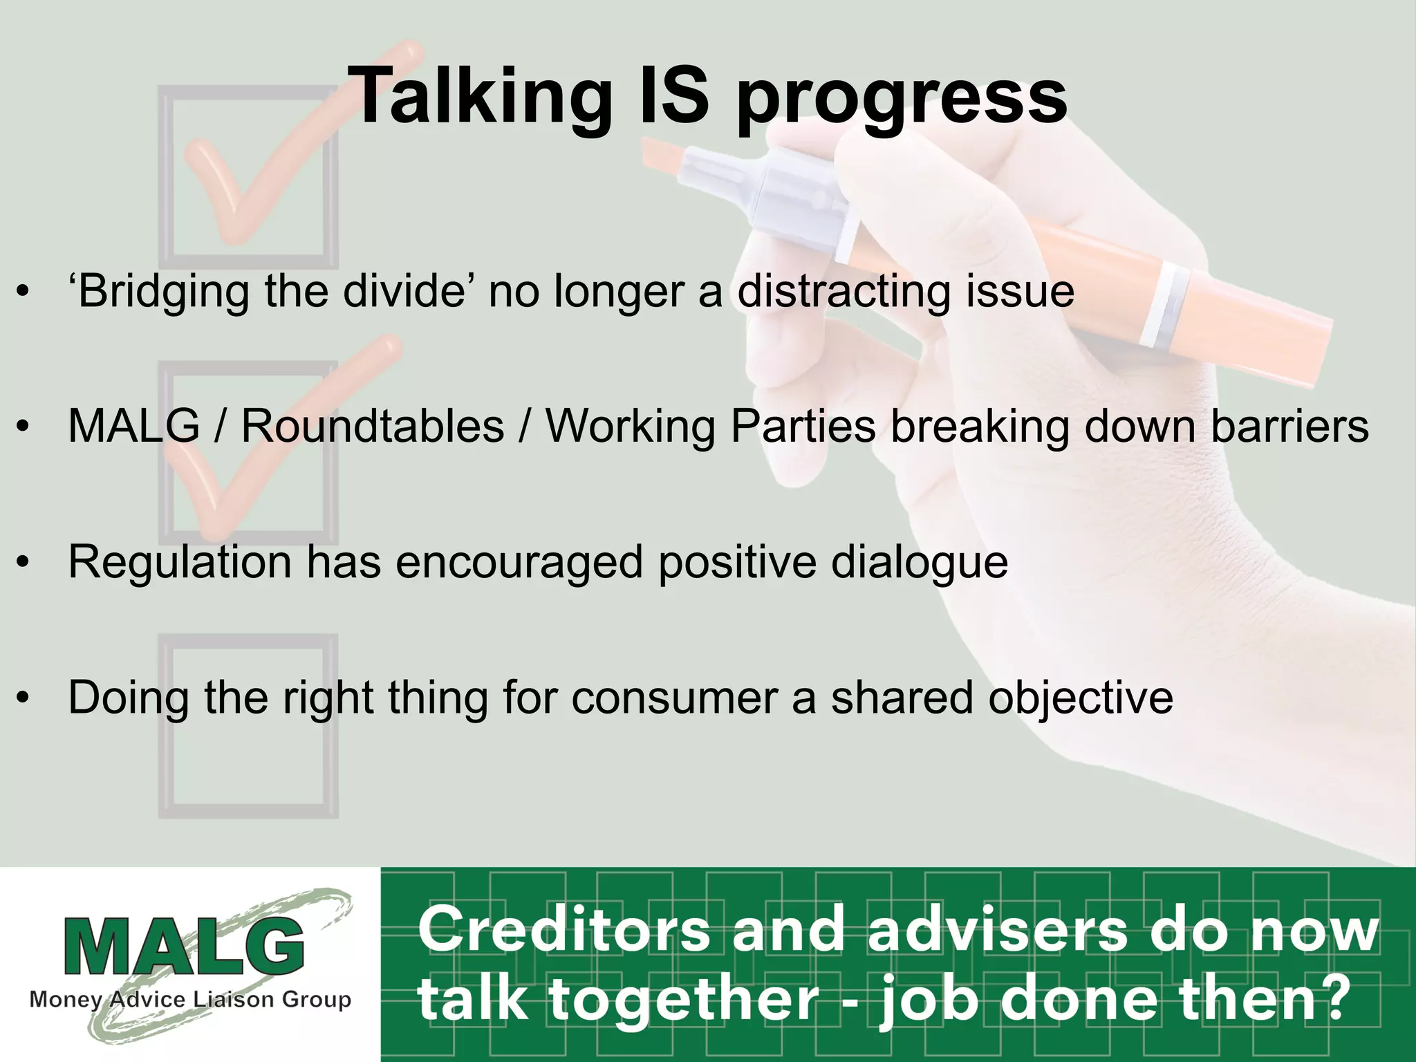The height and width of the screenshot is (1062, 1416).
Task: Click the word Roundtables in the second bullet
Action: [x=372, y=426]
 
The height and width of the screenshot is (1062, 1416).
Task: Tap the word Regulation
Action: [x=180, y=561]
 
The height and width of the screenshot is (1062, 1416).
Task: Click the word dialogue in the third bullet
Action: [x=920, y=561]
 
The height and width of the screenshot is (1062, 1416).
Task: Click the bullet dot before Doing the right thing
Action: [x=24, y=697]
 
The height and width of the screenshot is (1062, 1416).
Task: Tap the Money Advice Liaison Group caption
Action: [x=190, y=1000]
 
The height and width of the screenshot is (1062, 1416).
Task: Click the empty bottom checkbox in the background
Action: [x=249, y=726]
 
